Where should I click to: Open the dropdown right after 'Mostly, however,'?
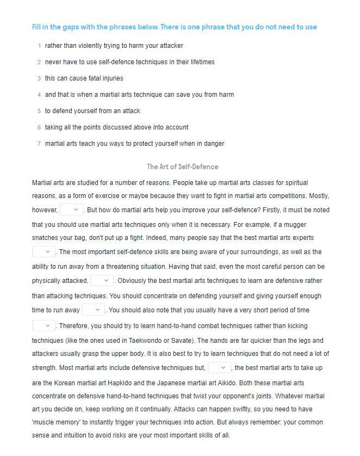pyautogui.click(x=71, y=209)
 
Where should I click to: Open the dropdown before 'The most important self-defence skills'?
pyautogui.click(x=44, y=251)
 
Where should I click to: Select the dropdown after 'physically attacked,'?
pyautogui.click(x=102, y=280)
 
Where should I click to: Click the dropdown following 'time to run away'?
pyautogui.click(x=93, y=310)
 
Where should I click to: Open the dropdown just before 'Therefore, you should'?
pyautogui.click(x=44, y=325)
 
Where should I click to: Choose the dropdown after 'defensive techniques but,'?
pyautogui.click(x=219, y=368)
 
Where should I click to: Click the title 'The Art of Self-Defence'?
pyautogui.click(x=182, y=167)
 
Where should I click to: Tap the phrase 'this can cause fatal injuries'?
pyautogui.click(x=84, y=78)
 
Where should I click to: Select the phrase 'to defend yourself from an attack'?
pyautogui.click(x=92, y=111)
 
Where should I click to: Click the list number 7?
pyautogui.click(x=39, y=144)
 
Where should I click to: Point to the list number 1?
pyautogui.click(x=39, y=46)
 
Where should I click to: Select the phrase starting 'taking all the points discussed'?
pyautogui.click(x=116, y=127)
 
